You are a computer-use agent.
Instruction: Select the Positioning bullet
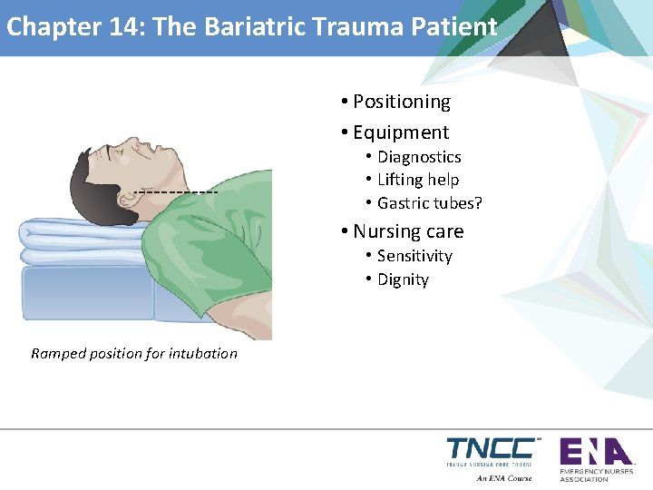click(x=401, y=102)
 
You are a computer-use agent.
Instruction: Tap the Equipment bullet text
click(x=400, y=132)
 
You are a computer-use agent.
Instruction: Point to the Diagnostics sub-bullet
click(x=418, y=157)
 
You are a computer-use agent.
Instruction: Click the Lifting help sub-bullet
click(x=417, y=180)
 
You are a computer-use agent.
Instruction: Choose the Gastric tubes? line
click(x=429, y=202)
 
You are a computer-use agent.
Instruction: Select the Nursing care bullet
click(x=407, y=231)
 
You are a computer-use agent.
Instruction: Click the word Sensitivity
click(x=414, y=256)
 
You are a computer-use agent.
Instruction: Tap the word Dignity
click(x=402, y=279)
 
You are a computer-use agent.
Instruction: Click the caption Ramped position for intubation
click(x=134, y=353)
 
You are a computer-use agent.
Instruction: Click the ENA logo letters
click(x=595, y=451)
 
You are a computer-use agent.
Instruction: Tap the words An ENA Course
click(x=504, y=477)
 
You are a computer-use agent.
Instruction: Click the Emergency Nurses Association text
click(x=597, y=475)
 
